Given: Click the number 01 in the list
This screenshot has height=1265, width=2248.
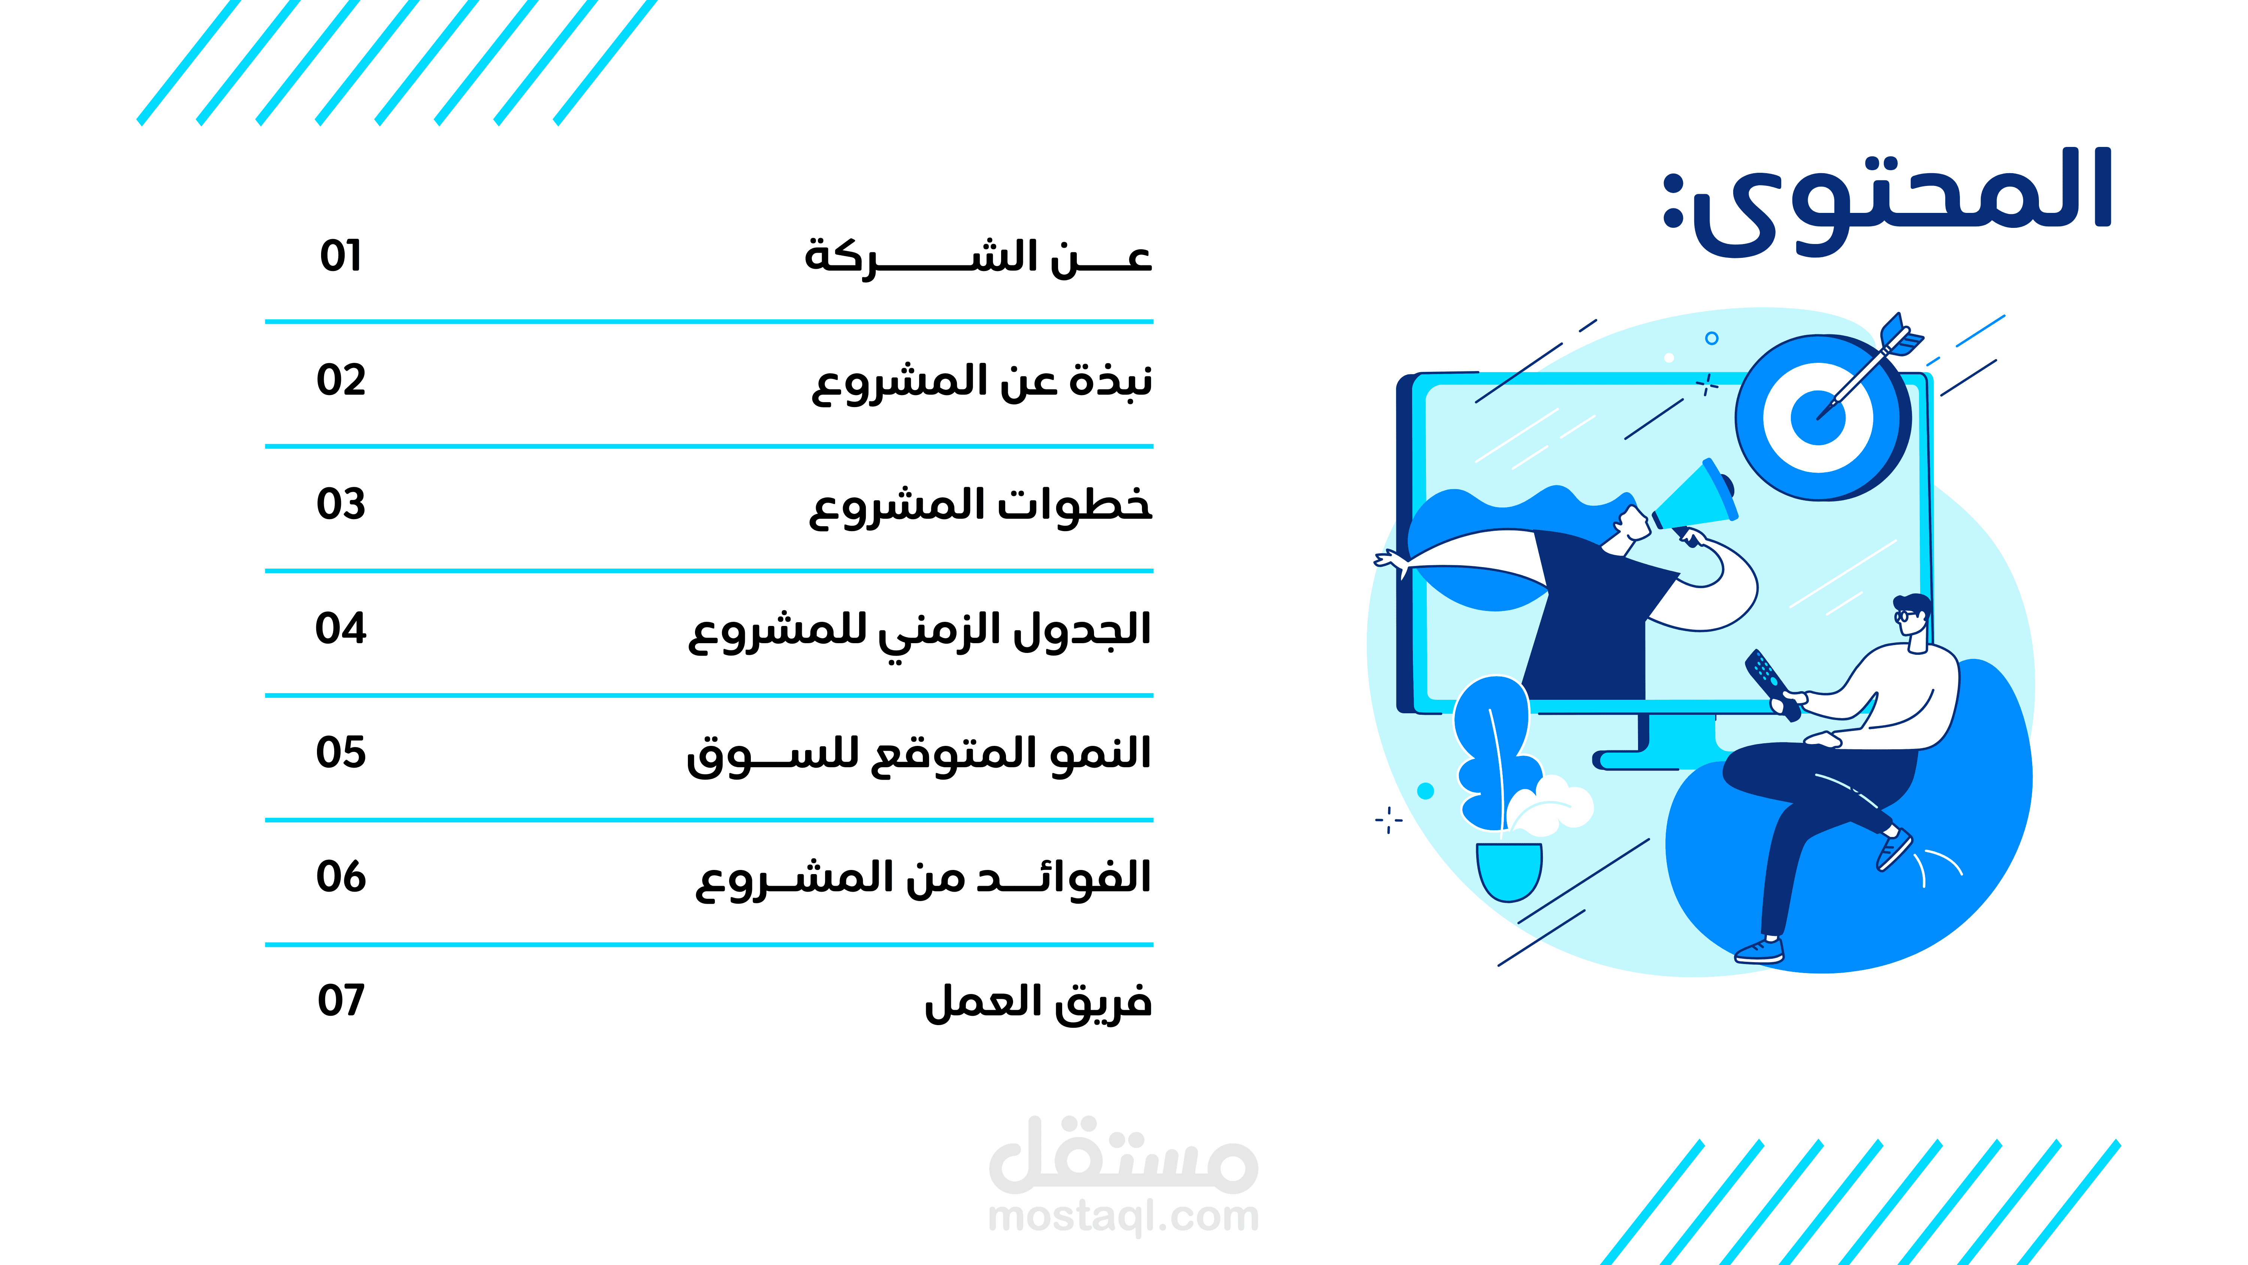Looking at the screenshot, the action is coord(340,256).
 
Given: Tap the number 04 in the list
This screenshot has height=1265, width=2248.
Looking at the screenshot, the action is coord(340,629).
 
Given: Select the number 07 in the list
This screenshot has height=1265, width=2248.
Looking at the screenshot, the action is coord(340,1000).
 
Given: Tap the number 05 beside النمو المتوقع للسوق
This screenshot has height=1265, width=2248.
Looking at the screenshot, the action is coord(340,753).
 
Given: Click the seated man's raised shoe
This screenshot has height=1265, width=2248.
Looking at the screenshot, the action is coord(1894,849).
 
